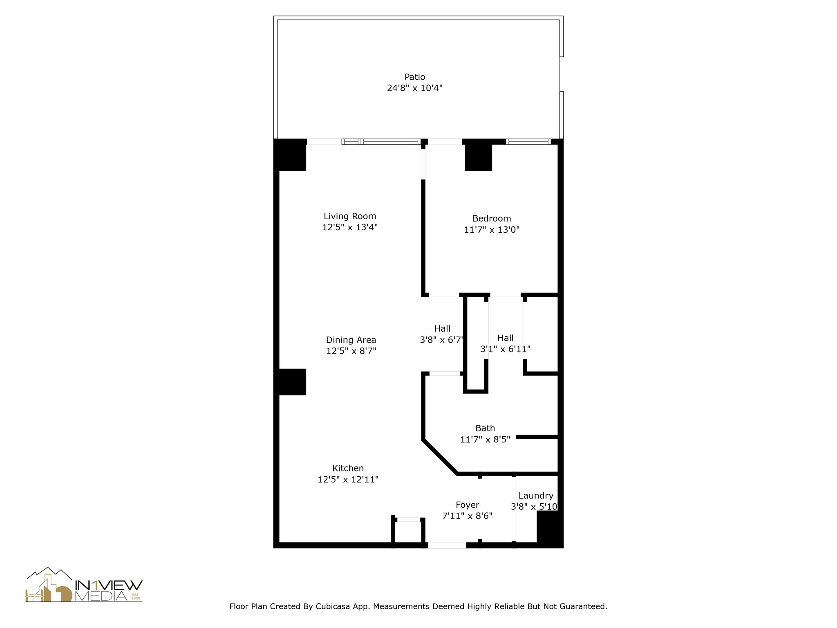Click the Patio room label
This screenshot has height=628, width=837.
coord(414,77)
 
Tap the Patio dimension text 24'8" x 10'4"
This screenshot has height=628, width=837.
coord(414,88)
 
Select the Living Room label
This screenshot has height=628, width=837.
coord(350,216)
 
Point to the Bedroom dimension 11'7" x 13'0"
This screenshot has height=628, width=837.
coord(492,230)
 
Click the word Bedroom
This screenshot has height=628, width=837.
coord(492,219)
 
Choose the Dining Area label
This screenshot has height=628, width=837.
coord(351,340)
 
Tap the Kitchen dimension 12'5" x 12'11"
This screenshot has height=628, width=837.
coord(348,479)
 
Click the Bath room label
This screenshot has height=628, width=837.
coord(485,428)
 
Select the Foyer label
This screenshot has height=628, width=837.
coord(467,505)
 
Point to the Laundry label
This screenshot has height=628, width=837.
coord(536,496)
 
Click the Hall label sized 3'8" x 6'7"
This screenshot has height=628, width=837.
coord(442,329)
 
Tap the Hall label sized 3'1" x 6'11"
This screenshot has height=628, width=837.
coord(506,338)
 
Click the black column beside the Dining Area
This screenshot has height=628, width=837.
coord(292,382)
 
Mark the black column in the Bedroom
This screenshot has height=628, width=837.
coord(478,157)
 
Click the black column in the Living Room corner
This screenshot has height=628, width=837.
coord(291,155)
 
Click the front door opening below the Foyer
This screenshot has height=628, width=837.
coord(447,545)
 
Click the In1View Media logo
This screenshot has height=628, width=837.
coord(84,585)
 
